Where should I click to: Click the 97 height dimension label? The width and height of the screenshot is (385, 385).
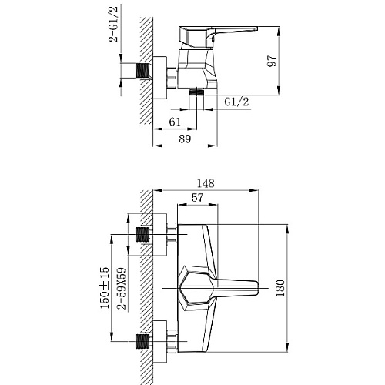tap(272, 61)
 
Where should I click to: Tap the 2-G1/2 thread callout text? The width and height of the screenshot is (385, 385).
tap(113, 24)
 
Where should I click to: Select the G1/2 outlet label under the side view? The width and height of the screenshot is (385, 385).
tap(236, 102)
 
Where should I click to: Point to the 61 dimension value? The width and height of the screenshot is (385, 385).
tap(175, 122)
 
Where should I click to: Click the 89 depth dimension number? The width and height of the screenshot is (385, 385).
tap(185, 139)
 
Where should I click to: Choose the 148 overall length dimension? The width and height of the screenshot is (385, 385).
tap(206, 183)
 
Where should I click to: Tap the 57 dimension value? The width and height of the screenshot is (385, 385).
tap(197, 198)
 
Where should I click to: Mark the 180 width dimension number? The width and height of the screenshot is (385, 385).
tap(280, 288)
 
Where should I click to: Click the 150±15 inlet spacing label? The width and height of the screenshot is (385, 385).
tap(105, 288)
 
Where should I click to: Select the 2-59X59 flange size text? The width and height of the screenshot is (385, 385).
tap(122, 289)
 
